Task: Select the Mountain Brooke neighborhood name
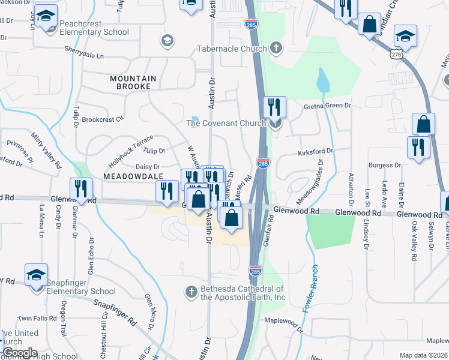pos(133,79)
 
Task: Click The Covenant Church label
pos(226,124)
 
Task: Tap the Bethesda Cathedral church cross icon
pos(190,292)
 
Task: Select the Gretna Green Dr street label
pos(327,106)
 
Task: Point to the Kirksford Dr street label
pos(315,153)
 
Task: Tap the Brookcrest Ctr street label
pos(103,119)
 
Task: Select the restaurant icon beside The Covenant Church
pos(274,107)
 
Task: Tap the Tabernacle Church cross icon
pos(276,47)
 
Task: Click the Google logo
pos(19,353)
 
